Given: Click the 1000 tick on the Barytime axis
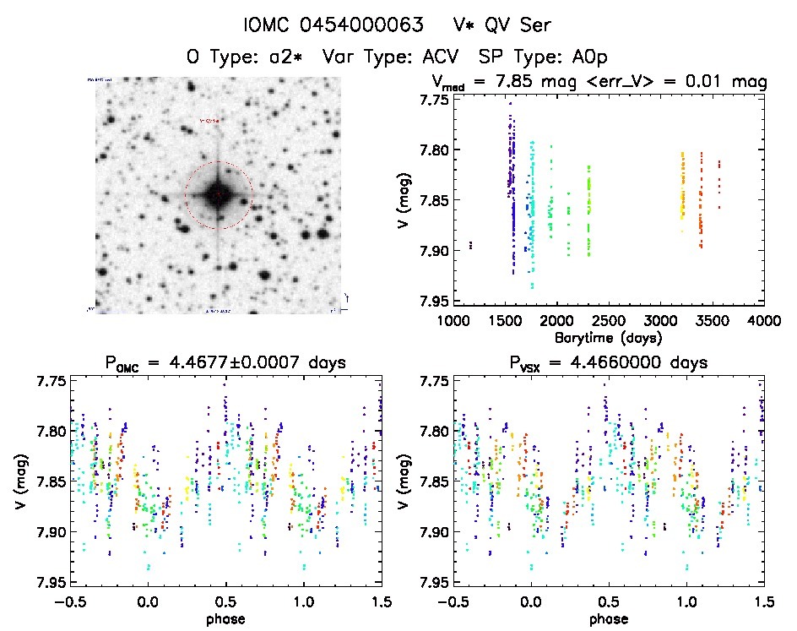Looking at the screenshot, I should click(453, 322).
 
